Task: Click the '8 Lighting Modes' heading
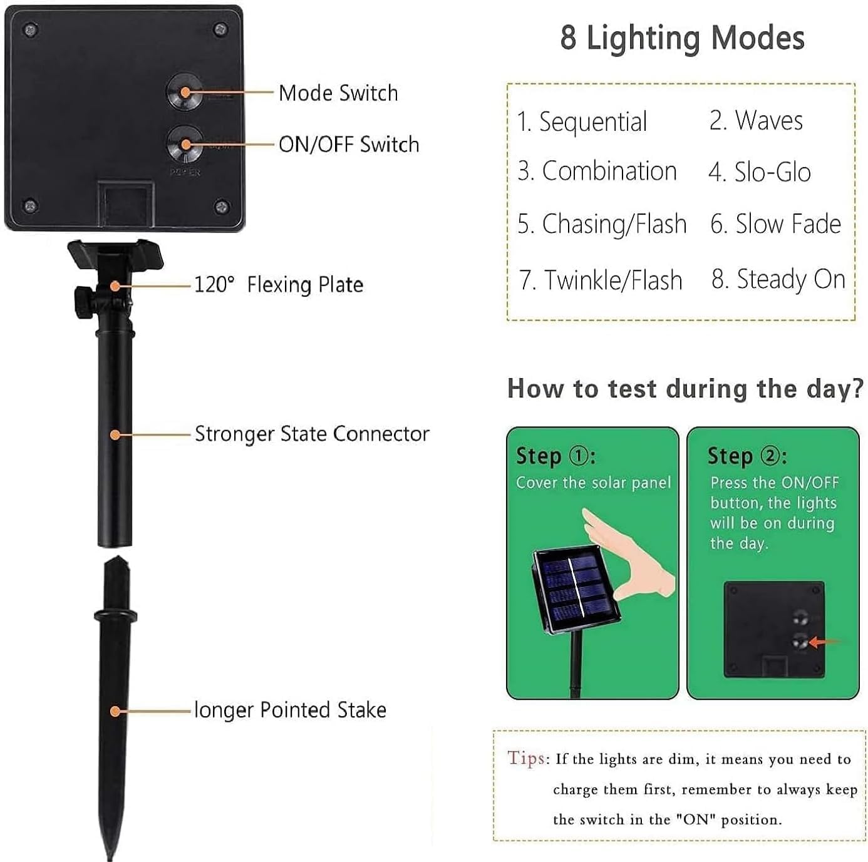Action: click(x=682, y=38)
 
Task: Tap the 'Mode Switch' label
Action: click(x=338, y=93)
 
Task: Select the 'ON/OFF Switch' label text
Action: click(x=348, y=145)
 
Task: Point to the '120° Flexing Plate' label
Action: click(x=279, y=285)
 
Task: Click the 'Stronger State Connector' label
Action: click(x=312, y=434)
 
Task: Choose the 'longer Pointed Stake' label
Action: click(x=290, y=711)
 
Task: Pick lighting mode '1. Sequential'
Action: click(x=582, y=121)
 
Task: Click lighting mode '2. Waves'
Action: click(x=756, y=120)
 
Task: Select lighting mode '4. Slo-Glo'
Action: click(x=760, y=172)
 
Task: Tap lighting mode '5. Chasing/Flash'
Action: click(x=602, y=224)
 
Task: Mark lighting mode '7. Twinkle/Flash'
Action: click(x=601, y=280)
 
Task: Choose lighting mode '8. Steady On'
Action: click(x=778, y=279)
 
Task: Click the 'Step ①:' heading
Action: click(x=555, y=456)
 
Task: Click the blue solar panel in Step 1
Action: click(x=574, y=588)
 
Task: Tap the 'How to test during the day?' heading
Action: click(x=685, y=389)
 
